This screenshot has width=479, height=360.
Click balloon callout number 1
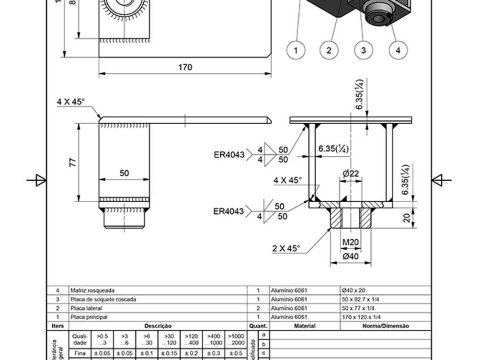coord(296,50)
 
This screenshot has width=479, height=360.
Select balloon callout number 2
coord(329,50)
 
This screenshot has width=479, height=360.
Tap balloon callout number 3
coord(364,50)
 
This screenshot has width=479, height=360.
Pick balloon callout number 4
coord(398,50)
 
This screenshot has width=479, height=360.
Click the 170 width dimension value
coord(185,67)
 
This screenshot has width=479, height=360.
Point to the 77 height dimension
coord(73,162)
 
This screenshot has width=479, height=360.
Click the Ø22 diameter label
coord(351,174)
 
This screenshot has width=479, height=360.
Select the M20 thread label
coord(351,243)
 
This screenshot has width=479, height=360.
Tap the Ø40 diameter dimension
coord(351,256)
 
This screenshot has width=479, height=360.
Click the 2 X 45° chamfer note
coord(286,248)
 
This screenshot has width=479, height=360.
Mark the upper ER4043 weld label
coord(229,155)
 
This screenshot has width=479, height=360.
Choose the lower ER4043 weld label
coord(228,211)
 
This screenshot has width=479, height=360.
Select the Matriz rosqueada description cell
coord(92,290)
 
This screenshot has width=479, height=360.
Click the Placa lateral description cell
coord(86,308)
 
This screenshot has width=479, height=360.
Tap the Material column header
coord(305,326)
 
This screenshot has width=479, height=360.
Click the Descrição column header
coord(158,326)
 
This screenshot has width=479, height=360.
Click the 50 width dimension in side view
coord(124,173)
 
